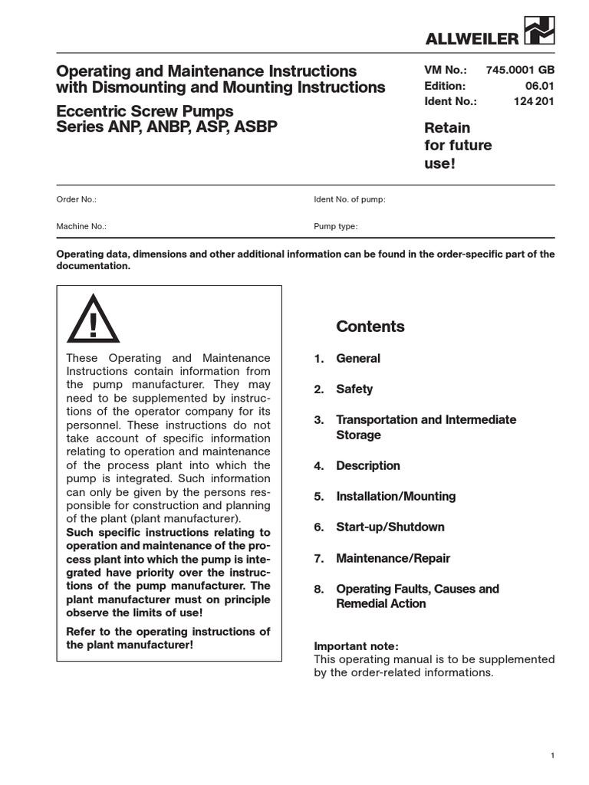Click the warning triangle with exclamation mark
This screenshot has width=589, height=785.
[93, 319]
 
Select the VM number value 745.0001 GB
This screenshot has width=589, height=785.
[520, 71]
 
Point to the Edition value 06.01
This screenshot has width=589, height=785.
[540, 86]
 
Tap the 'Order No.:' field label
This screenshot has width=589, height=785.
[77, 199]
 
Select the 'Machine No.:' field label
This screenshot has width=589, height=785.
[81, 227]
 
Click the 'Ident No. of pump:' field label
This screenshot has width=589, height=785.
[349, 199]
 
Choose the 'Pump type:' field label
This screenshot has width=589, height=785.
[335, 227]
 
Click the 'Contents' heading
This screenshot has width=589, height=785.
[370, 327]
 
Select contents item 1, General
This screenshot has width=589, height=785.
[357, 358]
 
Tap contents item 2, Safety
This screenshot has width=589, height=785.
[354, 389]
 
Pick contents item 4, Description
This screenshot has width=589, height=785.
[367, 465]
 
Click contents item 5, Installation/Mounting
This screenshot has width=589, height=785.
[395, 496]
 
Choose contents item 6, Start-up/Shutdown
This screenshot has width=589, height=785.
[390, 527]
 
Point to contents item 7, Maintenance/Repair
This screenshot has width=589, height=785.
[393, 558]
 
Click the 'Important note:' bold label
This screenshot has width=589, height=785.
[356, 645]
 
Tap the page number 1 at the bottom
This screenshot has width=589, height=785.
[552, 757]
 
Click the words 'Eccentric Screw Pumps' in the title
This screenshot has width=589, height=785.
[145, 112]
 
